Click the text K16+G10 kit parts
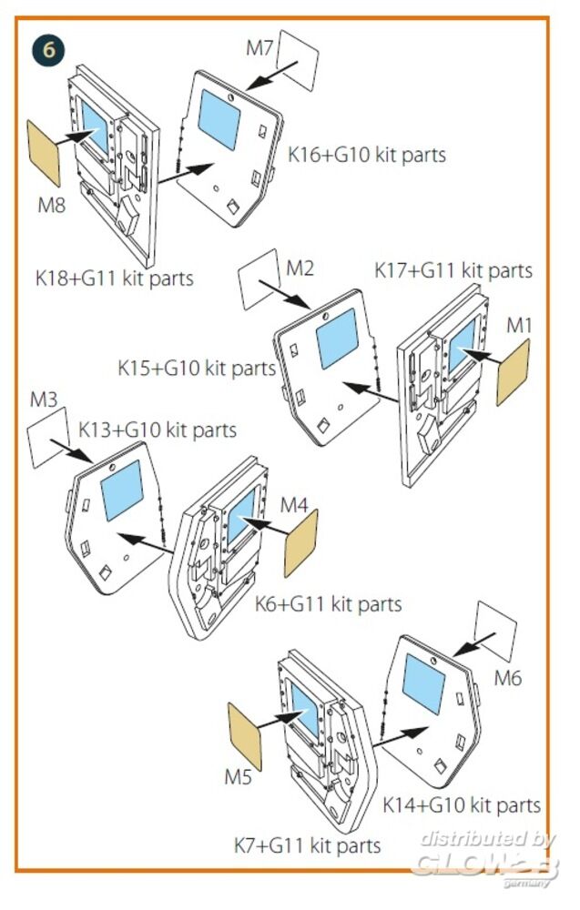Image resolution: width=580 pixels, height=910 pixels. (367, 155)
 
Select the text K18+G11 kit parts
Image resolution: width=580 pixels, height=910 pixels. (115, 278)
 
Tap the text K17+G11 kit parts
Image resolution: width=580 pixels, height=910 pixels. (453, 270)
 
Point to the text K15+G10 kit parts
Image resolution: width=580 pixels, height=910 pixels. (197, 369)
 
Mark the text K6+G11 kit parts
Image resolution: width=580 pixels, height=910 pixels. (328, 602)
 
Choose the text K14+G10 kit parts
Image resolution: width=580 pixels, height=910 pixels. (462, 805)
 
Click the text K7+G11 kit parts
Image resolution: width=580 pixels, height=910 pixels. (307, 845)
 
